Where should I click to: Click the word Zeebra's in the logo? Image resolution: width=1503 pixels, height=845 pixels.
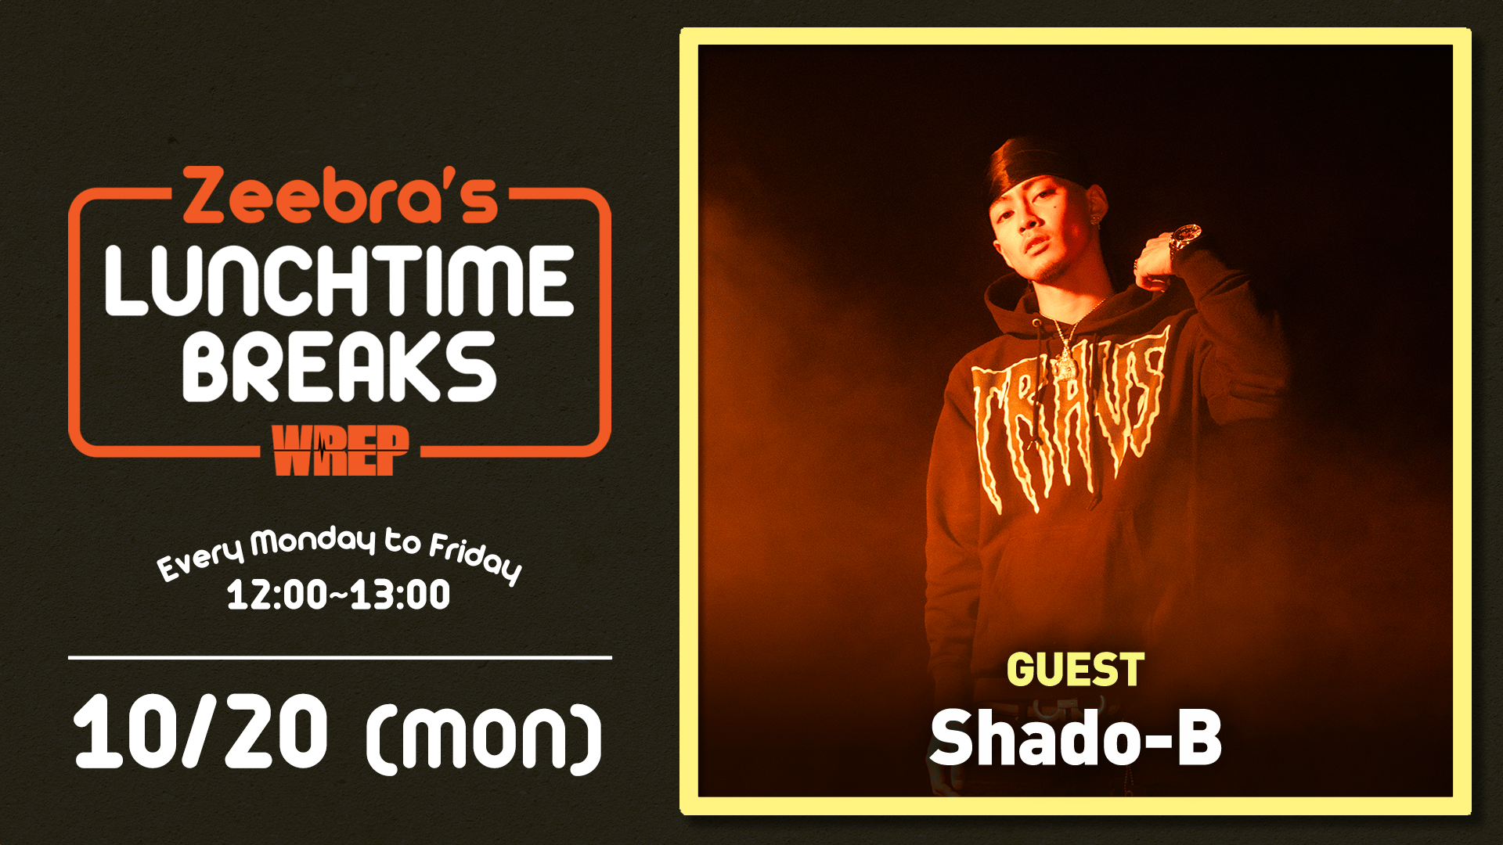click(x=341, y=196)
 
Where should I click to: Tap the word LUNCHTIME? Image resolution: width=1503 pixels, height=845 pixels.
click(x=340, y=281)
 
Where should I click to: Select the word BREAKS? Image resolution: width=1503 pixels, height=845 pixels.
click(x=340, y=365)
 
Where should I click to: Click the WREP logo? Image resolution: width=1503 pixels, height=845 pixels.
click(x=341, y=451)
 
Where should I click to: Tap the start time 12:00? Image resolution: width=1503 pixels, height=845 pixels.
click(x=276, y=595)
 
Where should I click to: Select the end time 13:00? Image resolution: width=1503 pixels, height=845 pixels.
click(x=400, y=595)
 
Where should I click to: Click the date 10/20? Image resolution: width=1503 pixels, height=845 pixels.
click(x=200, y=732)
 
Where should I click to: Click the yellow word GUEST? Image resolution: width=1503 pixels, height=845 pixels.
click(x=1076, y=671)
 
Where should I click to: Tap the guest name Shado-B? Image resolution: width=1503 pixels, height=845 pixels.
click(x=1076, y=738)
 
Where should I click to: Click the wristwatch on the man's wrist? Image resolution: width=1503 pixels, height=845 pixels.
click(x=1184, y=236)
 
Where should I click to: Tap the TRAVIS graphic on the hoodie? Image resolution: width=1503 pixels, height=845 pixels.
click(x=1069, y=419)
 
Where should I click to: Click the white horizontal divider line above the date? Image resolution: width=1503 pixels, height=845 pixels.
click(x=340, y=658)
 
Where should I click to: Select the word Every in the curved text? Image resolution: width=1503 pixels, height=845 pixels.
click(x=200, y=561)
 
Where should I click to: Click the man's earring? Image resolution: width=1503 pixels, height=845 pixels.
click(x=1096, y=220)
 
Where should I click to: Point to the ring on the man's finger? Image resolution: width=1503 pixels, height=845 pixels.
click(x=1136, y=265)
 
